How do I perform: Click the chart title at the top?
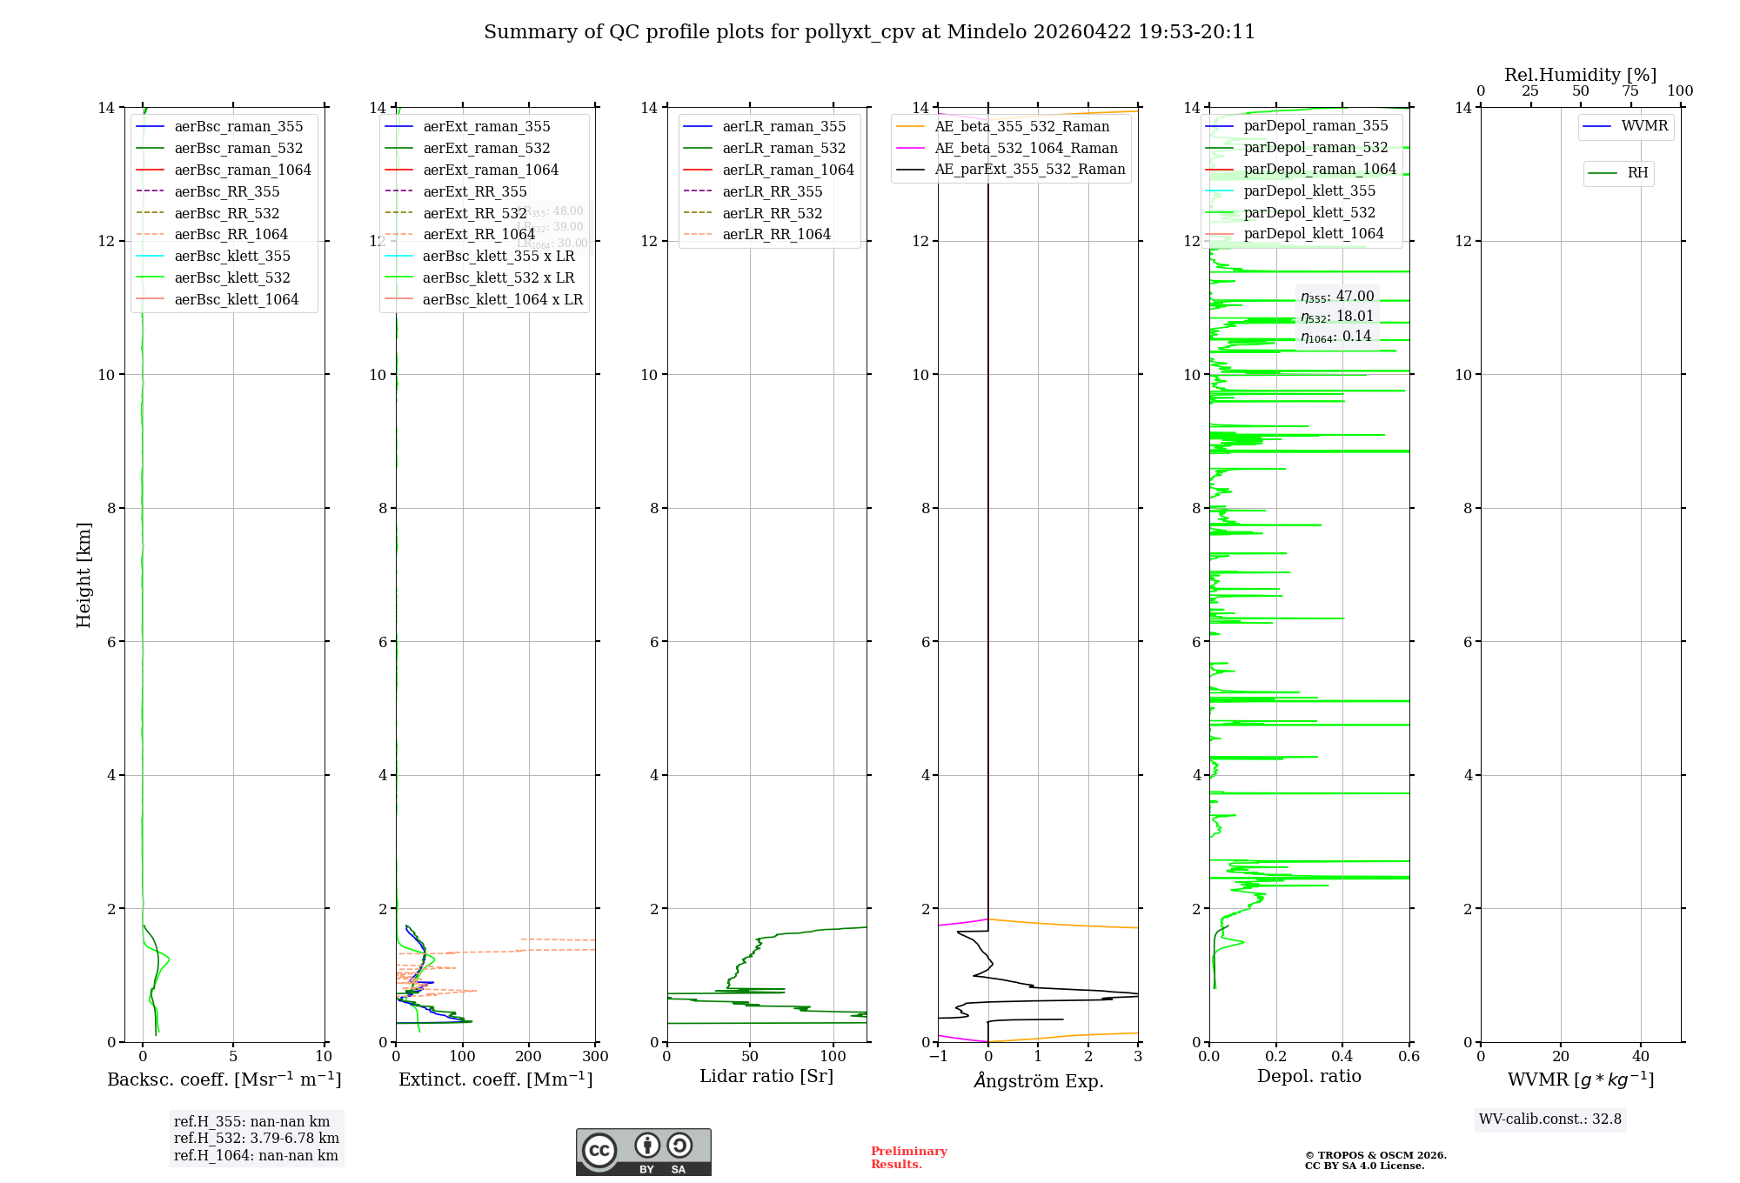tap(869, 32)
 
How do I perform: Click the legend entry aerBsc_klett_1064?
tap(236, 299)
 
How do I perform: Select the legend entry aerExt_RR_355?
tap(474, 191)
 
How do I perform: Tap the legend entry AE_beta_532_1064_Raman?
tap(1025, 148)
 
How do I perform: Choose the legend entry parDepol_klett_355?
tap(1308, 190)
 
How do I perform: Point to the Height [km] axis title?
tap(84, 574)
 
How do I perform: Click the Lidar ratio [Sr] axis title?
tap(766, 1076)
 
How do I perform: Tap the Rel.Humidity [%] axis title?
tap(1580, 75)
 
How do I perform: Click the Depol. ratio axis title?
tap(1308, 1076)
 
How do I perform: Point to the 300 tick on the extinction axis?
tap(595, 1057)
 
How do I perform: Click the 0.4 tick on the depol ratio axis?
tap(1342, 1057)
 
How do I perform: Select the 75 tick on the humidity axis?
tap(1630, 91)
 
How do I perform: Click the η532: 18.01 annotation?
tap(1336, 317)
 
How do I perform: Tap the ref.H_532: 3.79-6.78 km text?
tap(256, 1138)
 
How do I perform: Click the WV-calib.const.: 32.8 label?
tap(1549, 1119)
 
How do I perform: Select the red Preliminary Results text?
tap(908, 1157)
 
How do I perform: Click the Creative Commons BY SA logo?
tap(643, 1152)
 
